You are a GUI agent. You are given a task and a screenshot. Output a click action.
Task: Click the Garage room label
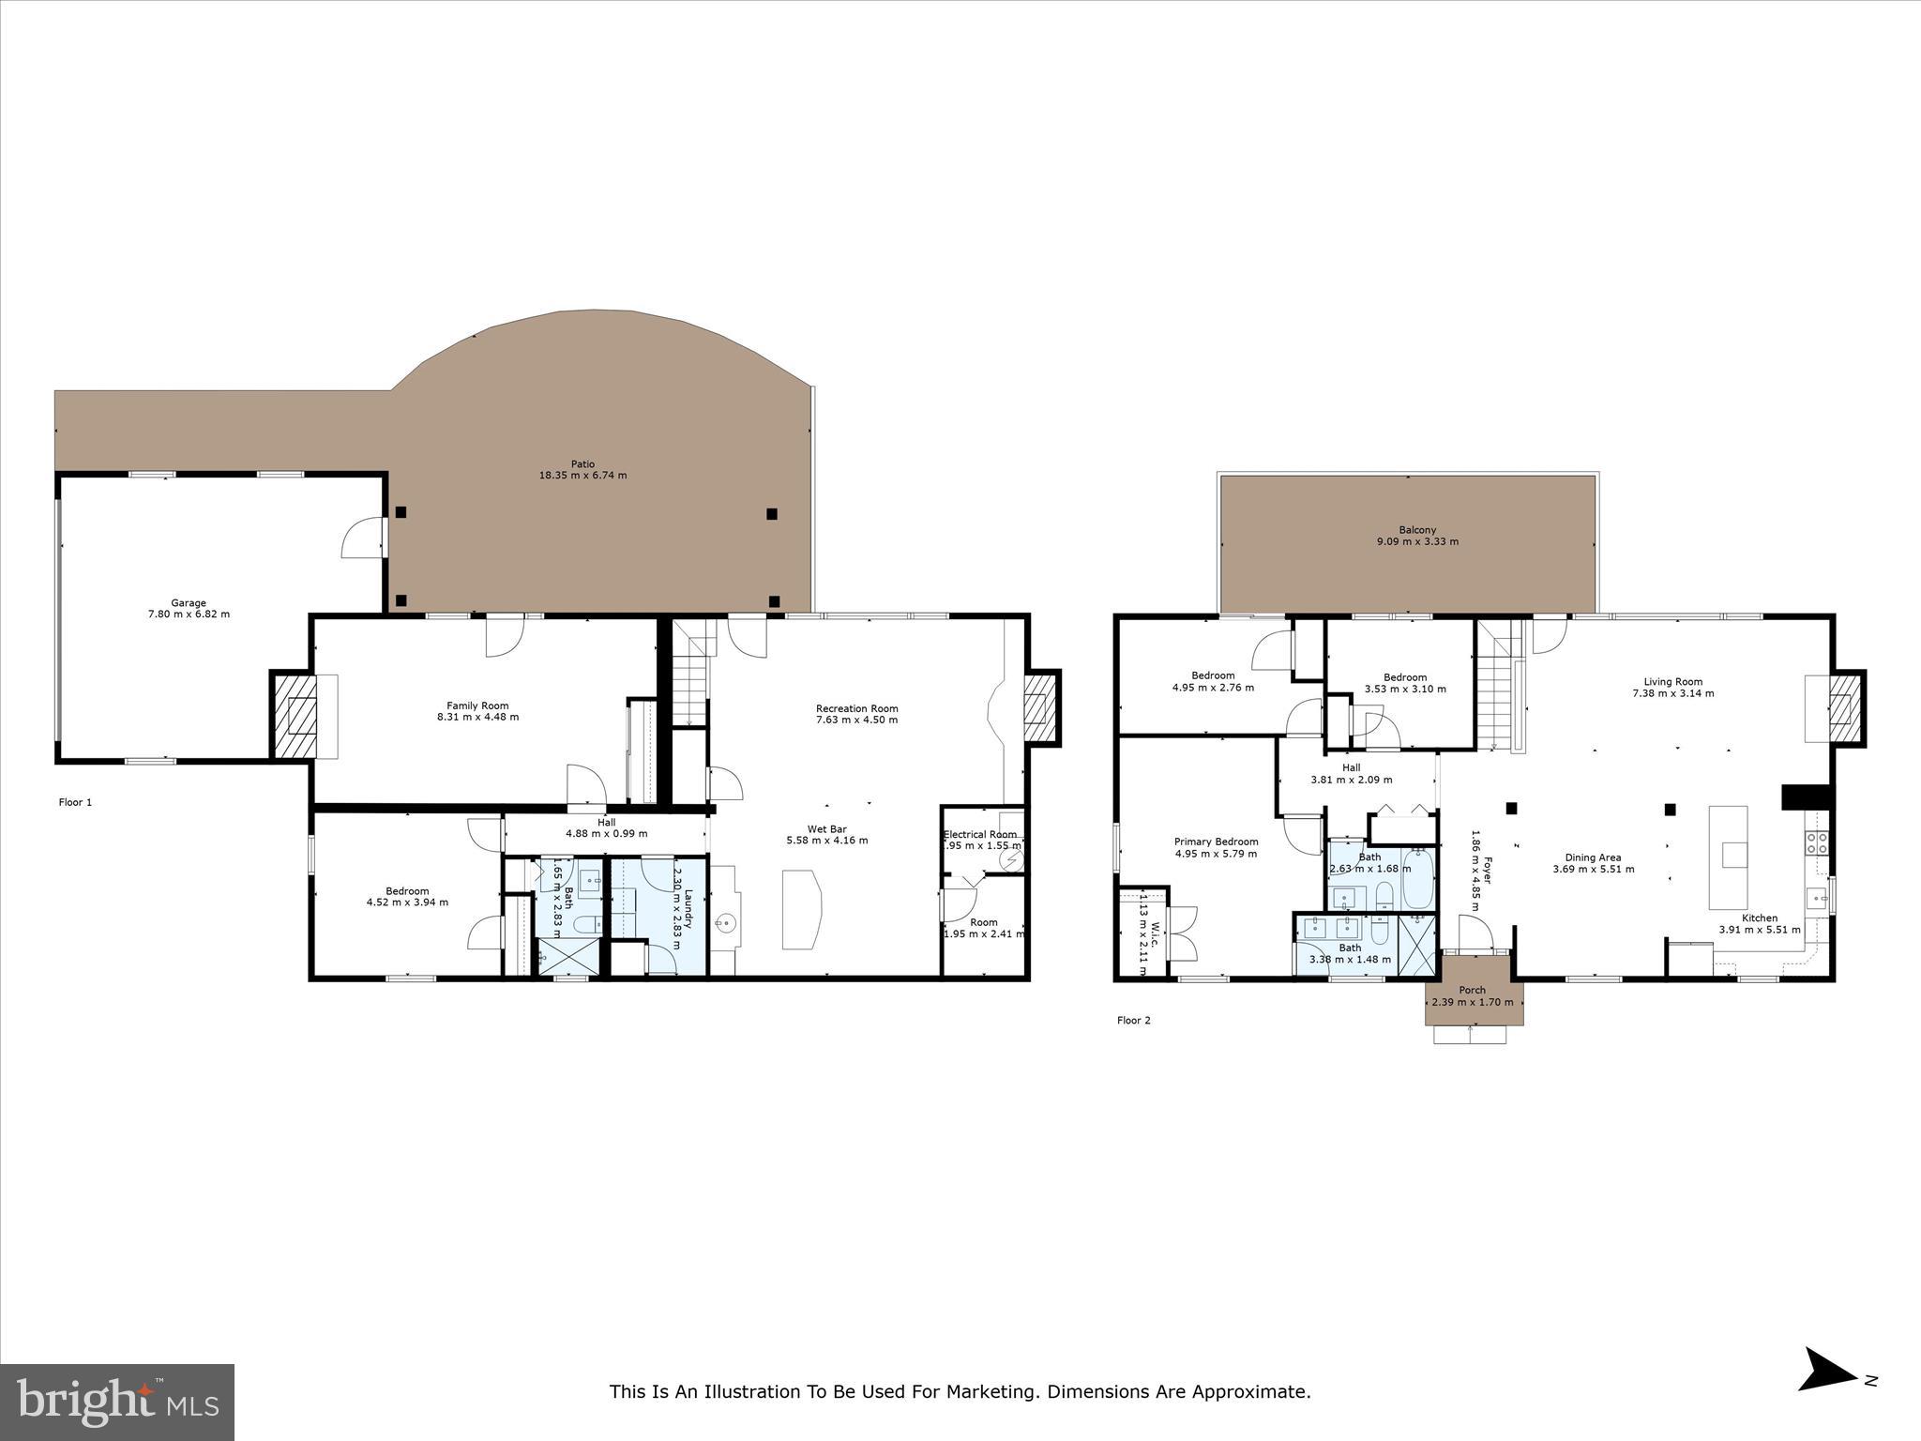pos(189,603)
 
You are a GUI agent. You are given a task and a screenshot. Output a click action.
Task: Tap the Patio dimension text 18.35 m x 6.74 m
pos(582,476)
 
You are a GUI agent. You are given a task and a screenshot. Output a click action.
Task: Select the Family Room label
pos(477,705)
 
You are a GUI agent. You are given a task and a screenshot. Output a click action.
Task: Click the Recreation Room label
pos(856,708)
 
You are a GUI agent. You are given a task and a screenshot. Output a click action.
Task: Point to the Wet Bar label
pos(826,829)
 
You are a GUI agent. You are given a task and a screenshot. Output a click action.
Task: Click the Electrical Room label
pos(980,834)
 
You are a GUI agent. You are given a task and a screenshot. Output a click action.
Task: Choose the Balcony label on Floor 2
pos(1416,530)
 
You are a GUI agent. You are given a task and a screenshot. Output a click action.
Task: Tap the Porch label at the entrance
pos(1472,990)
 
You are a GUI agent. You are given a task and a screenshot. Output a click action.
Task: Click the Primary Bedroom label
pos(1216,842)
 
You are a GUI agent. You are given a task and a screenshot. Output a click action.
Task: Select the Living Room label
pos(1672,682)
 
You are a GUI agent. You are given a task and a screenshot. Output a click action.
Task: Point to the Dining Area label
pos(1593,857)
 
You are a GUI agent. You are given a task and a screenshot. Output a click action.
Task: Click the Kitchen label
pos(1759,918)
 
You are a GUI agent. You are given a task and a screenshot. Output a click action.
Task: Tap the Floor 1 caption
pos(76,802)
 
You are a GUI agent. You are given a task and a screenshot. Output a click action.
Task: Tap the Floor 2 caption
pos(1133,1021)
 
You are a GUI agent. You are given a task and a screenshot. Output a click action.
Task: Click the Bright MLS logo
pos(117,1402)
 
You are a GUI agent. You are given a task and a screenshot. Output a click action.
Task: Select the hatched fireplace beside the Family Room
pos(294,715)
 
